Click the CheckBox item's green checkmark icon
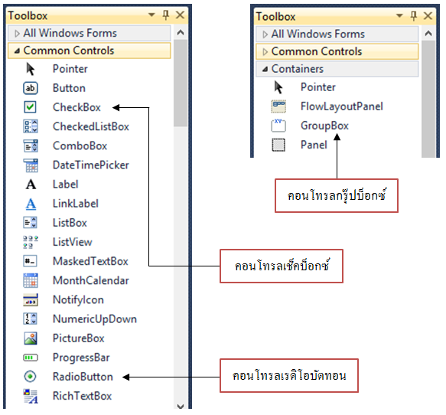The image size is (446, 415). [30, 107]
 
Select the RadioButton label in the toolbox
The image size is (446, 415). [83, 377]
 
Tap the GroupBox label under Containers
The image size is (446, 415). [324, 126]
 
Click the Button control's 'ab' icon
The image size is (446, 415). [30, 88]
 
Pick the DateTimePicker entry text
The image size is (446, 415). [91, 165]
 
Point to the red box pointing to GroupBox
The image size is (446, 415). [337, 195]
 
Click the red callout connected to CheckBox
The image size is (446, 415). [282, 266]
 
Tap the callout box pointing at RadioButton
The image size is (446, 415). [289, 376]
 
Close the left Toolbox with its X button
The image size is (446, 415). [180, 15]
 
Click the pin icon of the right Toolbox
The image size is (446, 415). [414, 15]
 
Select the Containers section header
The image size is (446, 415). [337, 69]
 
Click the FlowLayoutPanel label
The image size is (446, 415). [342, 106]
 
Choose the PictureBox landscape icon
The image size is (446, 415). [30, 338]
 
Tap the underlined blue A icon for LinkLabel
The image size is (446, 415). [31, 204]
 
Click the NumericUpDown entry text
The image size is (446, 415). [95, 319]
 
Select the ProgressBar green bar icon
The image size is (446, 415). [30, 358]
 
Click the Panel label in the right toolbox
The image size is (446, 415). [314, 145]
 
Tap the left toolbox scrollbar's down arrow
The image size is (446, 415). [181, 406]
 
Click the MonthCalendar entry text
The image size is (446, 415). [91, 281]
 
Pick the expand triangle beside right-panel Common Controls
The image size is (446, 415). [265, 52]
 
